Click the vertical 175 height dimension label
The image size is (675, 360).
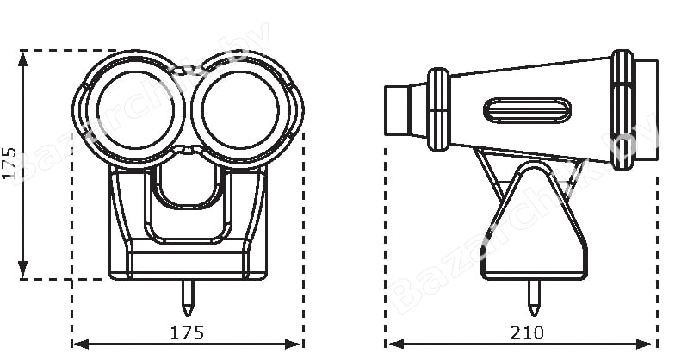[9, 164]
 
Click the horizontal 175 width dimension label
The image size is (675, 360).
[188, 332]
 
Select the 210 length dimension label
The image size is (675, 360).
[527, 332]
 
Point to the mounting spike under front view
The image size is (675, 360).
[188, 298]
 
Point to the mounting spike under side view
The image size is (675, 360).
[534, 298]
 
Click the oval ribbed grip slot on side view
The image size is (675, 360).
[527, 110]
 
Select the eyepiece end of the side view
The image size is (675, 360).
[396, 110]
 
